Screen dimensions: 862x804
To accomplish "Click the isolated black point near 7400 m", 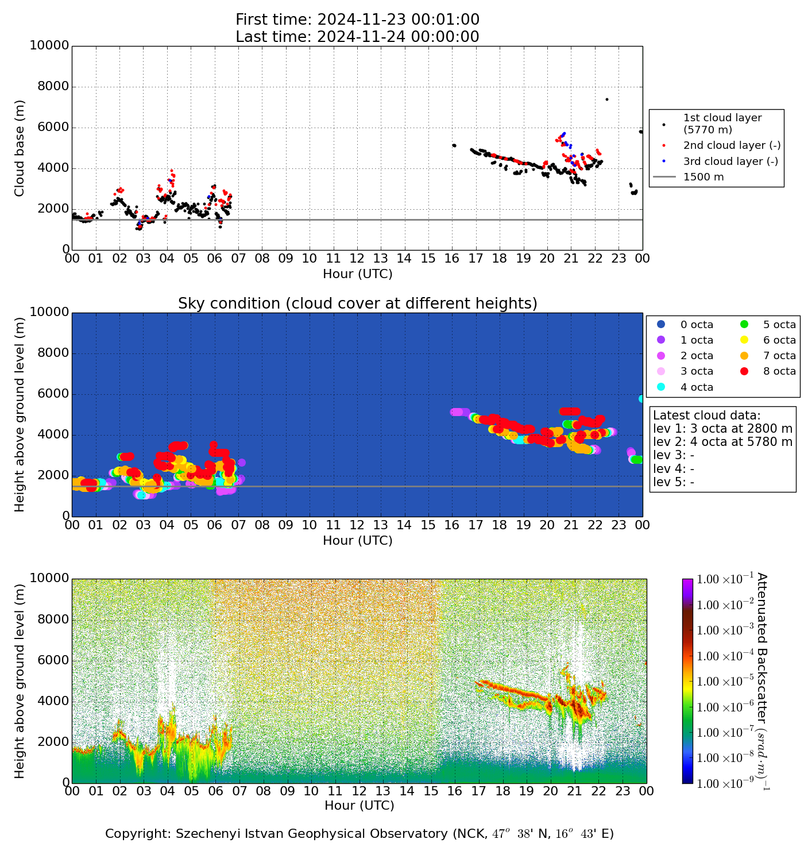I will tap(607, 99).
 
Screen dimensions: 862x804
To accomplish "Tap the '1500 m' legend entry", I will tap(703, 177).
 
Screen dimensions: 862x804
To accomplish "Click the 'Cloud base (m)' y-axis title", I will tap(20, 148).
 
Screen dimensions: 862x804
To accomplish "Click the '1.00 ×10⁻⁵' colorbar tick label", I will tap(721, 682).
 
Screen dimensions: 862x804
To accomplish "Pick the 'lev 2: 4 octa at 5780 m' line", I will tap(722, 442).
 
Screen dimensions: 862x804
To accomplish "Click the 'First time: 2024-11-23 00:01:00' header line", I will tap(357, 20).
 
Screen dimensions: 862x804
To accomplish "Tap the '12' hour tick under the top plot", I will tap(357, 259).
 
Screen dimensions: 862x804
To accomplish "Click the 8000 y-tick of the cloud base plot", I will tap(53, 87).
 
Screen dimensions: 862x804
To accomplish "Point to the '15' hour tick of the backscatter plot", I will tap(431, 791).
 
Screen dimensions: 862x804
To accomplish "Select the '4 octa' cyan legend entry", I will tap(697, 387).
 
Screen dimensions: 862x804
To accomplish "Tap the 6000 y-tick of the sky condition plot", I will tap(53, 394).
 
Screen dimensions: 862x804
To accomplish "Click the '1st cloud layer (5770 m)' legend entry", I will tap(722, 124).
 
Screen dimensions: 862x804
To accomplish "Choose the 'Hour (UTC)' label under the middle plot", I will tap(357, 541).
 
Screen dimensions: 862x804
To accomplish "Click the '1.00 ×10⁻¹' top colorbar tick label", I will tap(721, 579).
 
